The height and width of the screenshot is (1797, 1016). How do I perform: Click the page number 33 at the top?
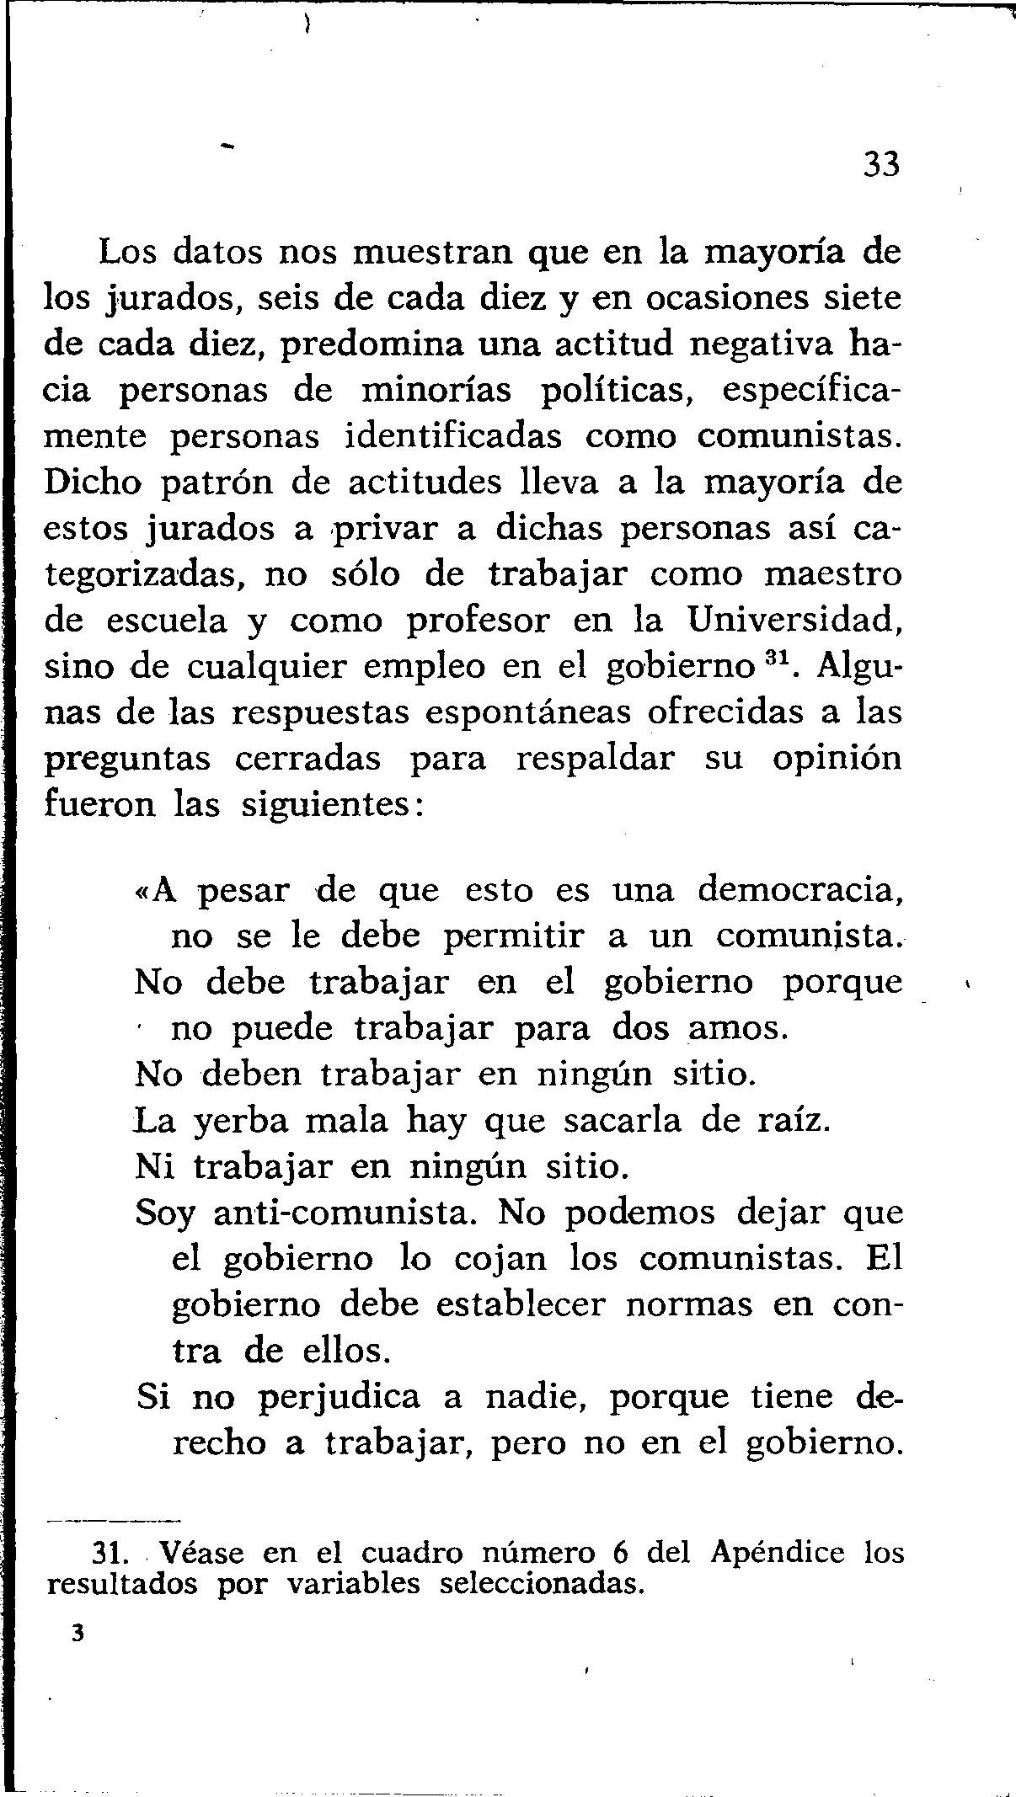tap(881, 164)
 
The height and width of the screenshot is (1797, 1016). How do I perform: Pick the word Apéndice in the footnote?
tap(777, 1552)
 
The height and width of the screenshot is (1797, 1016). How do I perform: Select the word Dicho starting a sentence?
tap(93, 483)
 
